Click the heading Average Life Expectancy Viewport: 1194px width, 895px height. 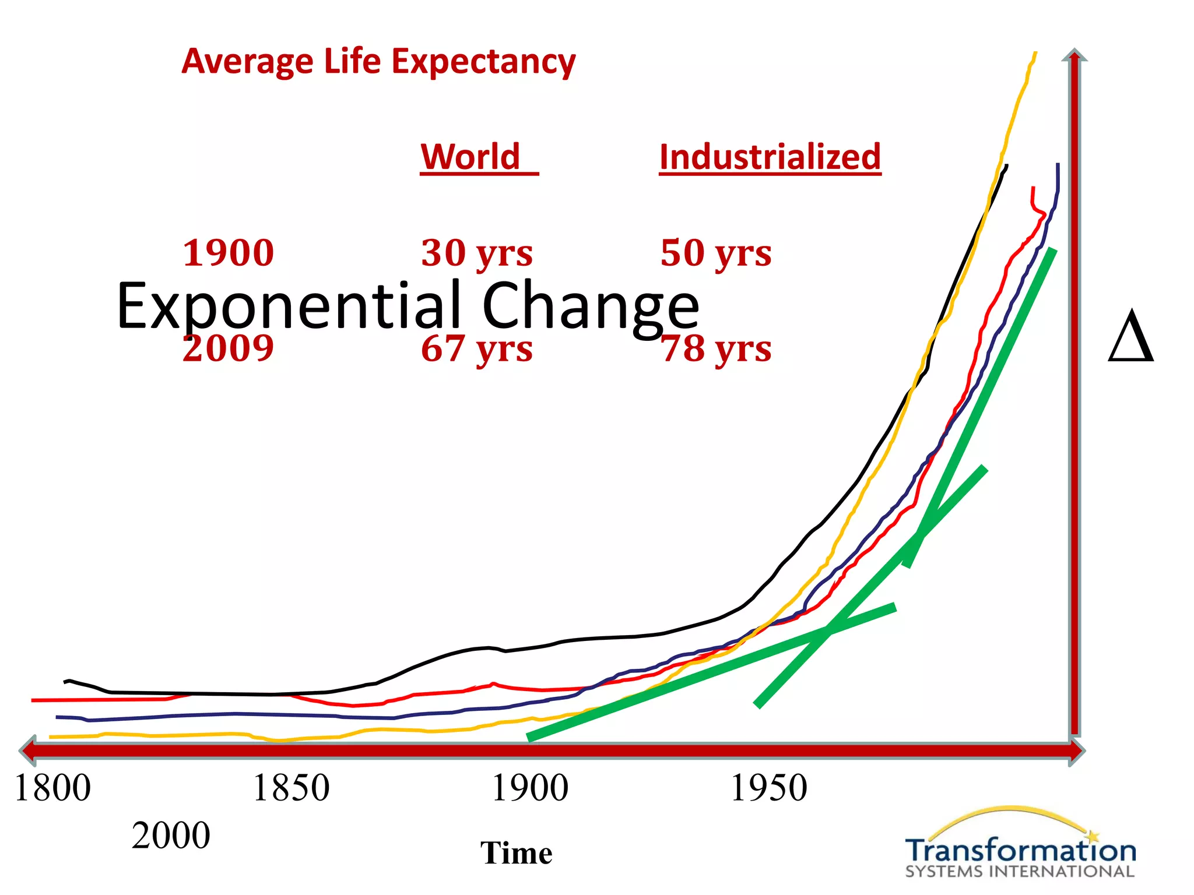(x=378, y=62)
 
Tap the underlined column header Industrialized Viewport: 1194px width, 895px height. (x=770, y=157)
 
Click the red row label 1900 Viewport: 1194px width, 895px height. (x=228, y=253)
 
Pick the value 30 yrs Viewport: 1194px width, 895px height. (x=477, y=253)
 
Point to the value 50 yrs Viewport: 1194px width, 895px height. (x=716, y=253)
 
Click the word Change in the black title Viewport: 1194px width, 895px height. (x=590, y=306)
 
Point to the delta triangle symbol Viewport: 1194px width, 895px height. (x=1130, y=337)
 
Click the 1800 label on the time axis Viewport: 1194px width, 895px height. (x=52, y=788)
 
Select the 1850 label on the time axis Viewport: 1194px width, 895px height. (x=291, y=788)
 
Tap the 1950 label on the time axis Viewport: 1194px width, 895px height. (x=768, y=788)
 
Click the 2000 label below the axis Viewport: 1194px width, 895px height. (x=171, y=836)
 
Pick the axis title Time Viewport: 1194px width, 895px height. (x=516, y=853)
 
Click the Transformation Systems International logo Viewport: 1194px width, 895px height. (x=1020, y=845)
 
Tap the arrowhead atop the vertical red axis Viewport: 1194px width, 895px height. (x=1074, y=55)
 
